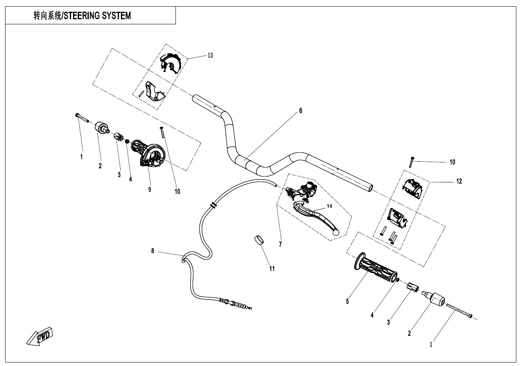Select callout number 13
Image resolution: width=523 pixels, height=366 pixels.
pos(210,55)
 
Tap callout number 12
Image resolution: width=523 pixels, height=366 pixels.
pos(459,181)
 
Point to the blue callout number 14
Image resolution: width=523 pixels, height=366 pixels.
pos(329,206)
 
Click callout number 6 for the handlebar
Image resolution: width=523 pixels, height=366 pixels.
pos(301,111)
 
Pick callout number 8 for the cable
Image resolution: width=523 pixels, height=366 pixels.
pos(153,251)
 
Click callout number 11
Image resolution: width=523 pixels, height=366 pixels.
pos(272,269)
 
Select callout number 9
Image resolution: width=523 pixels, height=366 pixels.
pos(150,189)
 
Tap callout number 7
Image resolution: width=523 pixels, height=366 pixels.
pos(280,244)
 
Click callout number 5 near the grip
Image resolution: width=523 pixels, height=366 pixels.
pos(347,301)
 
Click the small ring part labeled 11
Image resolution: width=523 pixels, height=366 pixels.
pos(258,240)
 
